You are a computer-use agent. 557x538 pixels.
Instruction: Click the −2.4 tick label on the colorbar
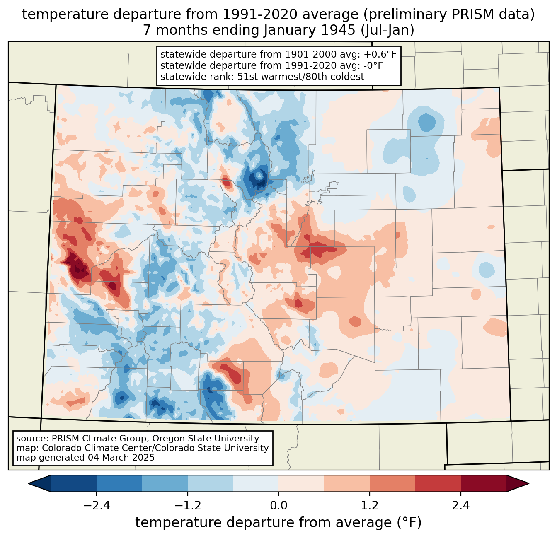pos(97,506)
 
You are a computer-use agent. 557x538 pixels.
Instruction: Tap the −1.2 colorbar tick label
pos(188,506)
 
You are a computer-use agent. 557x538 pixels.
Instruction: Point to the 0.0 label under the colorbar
pos(278,506)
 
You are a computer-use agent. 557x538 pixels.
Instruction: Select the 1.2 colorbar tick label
pos(370,506)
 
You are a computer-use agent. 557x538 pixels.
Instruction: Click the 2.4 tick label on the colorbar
pos(460,506)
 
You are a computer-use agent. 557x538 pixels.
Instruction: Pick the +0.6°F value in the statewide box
pos(380,55)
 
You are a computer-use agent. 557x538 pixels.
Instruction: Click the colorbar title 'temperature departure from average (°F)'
pos(278,523)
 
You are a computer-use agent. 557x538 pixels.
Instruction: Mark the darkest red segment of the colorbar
pos(483,483)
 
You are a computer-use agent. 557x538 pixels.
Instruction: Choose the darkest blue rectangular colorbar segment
pos(74,483)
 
